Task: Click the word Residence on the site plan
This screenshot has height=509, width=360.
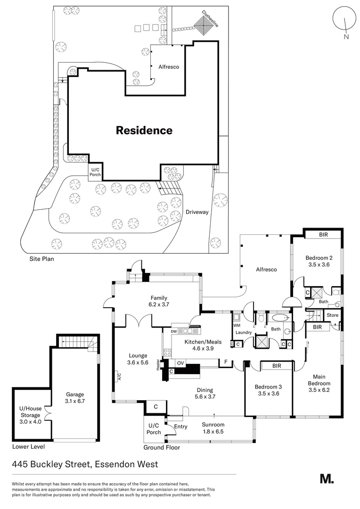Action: coord(144,131)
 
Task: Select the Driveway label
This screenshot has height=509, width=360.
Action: coord(197,212)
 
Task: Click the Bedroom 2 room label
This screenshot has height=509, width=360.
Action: coord(319,258)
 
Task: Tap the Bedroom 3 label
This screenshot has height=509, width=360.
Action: coord(267,387)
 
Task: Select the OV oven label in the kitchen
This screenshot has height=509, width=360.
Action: coord(180,363)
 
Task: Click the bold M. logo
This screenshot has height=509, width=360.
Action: coord(327,478)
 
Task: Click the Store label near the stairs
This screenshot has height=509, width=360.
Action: coord(332,315)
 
